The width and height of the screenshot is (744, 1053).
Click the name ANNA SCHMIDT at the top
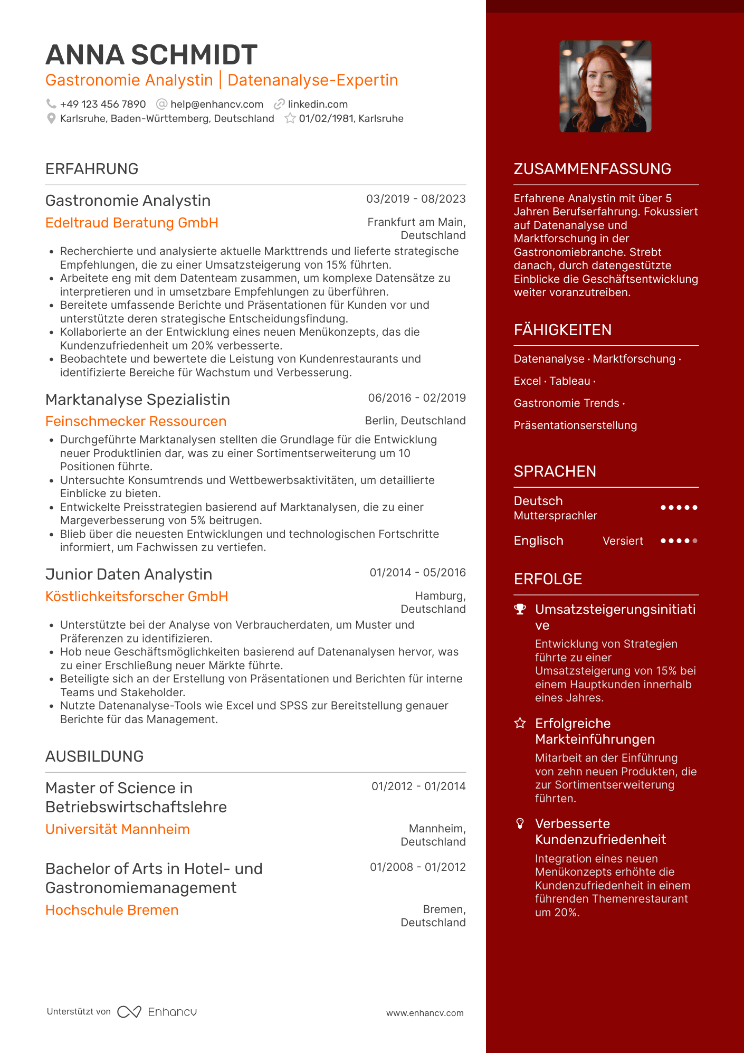pos(151,55)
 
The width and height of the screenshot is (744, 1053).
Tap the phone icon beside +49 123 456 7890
pos(51,104)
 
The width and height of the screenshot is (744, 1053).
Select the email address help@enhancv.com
pos(217,105)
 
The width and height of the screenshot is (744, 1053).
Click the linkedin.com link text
pos(318,105)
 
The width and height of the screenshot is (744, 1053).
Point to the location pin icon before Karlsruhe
pos(51,119)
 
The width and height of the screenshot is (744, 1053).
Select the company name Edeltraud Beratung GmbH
pos(132,223)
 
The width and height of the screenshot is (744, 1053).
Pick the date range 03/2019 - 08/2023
pos(416,199)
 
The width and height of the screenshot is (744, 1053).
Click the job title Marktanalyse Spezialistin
pos(138,400)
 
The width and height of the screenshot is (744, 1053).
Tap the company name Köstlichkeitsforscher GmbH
pos(137,596)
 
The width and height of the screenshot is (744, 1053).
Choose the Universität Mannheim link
pos(118,829)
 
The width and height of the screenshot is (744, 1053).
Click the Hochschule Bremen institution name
pos(112,910)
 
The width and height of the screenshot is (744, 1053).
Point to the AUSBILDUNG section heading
pos(94,756)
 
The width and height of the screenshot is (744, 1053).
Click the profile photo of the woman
pos(605,86)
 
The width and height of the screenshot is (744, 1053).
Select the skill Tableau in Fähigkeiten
pos(570,381)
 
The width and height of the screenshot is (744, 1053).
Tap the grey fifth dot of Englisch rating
pos(695,540)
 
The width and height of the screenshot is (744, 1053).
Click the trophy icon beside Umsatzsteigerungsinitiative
pos(520,609)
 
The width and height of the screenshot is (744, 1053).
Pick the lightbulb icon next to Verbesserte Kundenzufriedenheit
pos(520,823)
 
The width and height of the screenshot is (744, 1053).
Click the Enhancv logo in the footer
pos(157,1012)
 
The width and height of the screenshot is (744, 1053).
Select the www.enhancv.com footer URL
pos(425,1013)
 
